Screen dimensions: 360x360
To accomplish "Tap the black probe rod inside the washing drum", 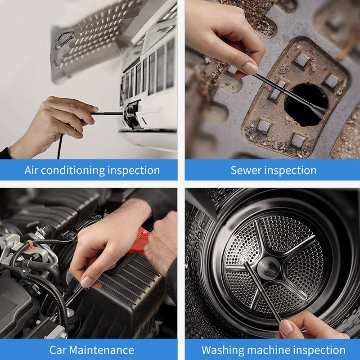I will pyautogui.click(x=261, y=292).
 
